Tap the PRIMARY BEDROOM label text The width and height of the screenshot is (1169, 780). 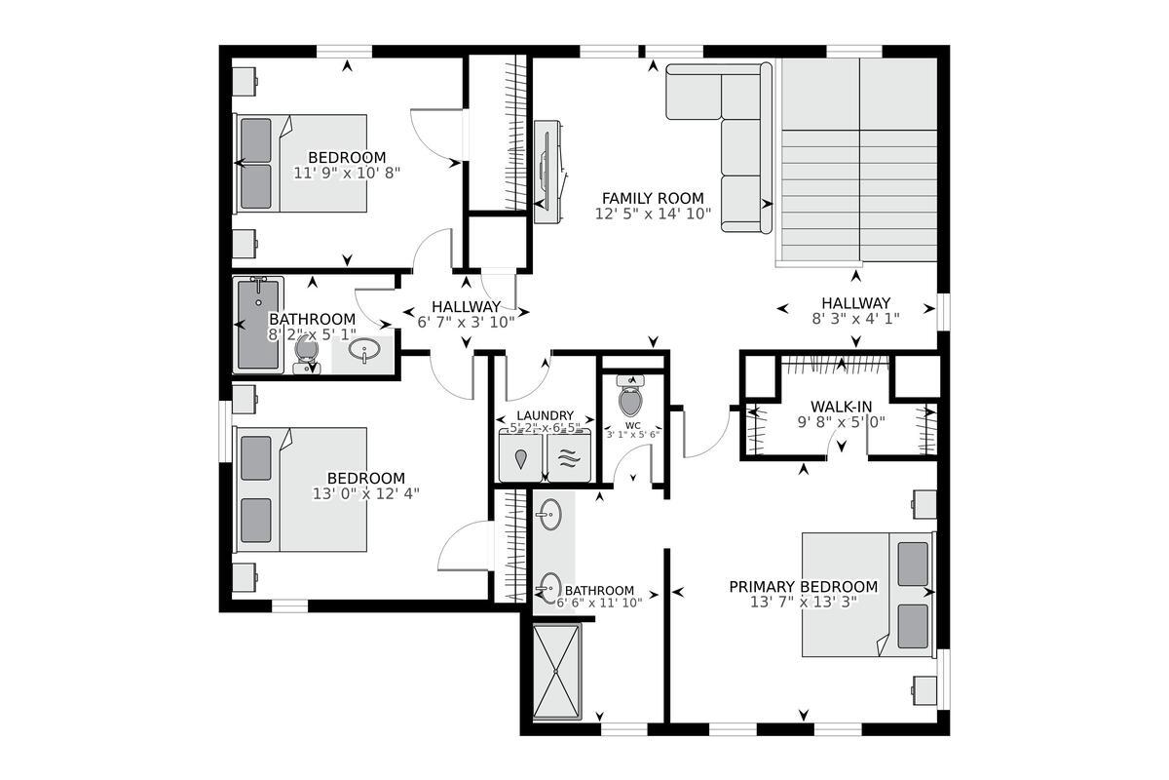click(x=804, y=587)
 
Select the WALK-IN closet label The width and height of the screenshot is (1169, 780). click(x=841, y=407)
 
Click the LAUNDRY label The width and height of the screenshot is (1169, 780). click(x=545, y=415)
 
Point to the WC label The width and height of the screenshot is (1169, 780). click(x=633, y=425)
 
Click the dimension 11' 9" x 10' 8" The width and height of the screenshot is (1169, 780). click(x=347, y=173)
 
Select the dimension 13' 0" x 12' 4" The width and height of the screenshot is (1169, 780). click(x=365, y=493)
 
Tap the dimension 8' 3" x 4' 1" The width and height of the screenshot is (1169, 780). click(x=855, y=318)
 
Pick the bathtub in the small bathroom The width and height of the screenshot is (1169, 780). click(x=258, y=324)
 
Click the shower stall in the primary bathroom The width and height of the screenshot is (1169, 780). click(x=556, y=671)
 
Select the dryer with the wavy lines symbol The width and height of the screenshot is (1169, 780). click(x=569, y=458)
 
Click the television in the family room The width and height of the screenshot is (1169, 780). click(x=546, y=173)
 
